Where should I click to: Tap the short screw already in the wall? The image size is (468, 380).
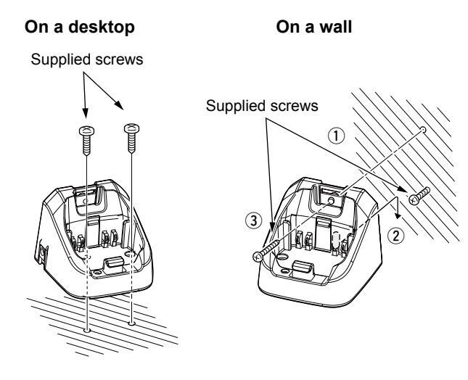point(420,196)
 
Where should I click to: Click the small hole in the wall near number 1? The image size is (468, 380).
point(422,129)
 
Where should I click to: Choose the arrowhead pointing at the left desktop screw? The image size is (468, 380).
point(85,115)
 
